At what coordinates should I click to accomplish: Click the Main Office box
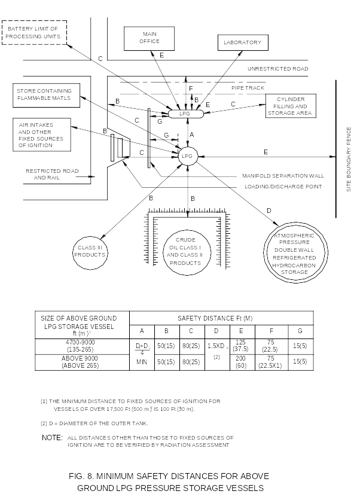[149, 38]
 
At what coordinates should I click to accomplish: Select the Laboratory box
[242, 42]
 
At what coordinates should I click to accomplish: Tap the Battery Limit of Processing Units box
[33, 32]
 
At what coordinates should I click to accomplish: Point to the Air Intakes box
[41, 135]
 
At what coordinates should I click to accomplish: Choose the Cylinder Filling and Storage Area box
[290, 106]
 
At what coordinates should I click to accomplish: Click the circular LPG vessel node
[188, 156]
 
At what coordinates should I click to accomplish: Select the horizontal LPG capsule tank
[185, 114]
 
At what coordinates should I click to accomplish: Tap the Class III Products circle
[90, 251]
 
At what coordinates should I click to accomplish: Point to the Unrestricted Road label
[277, 69]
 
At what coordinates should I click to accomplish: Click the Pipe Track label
[248, 88]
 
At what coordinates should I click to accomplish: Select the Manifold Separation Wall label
[283, 176]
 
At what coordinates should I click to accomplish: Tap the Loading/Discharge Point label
[283, 187]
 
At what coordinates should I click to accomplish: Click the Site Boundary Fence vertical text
[349, 159]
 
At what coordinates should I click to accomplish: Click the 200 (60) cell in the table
[240, 362]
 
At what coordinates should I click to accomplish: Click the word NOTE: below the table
[52, 438]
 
